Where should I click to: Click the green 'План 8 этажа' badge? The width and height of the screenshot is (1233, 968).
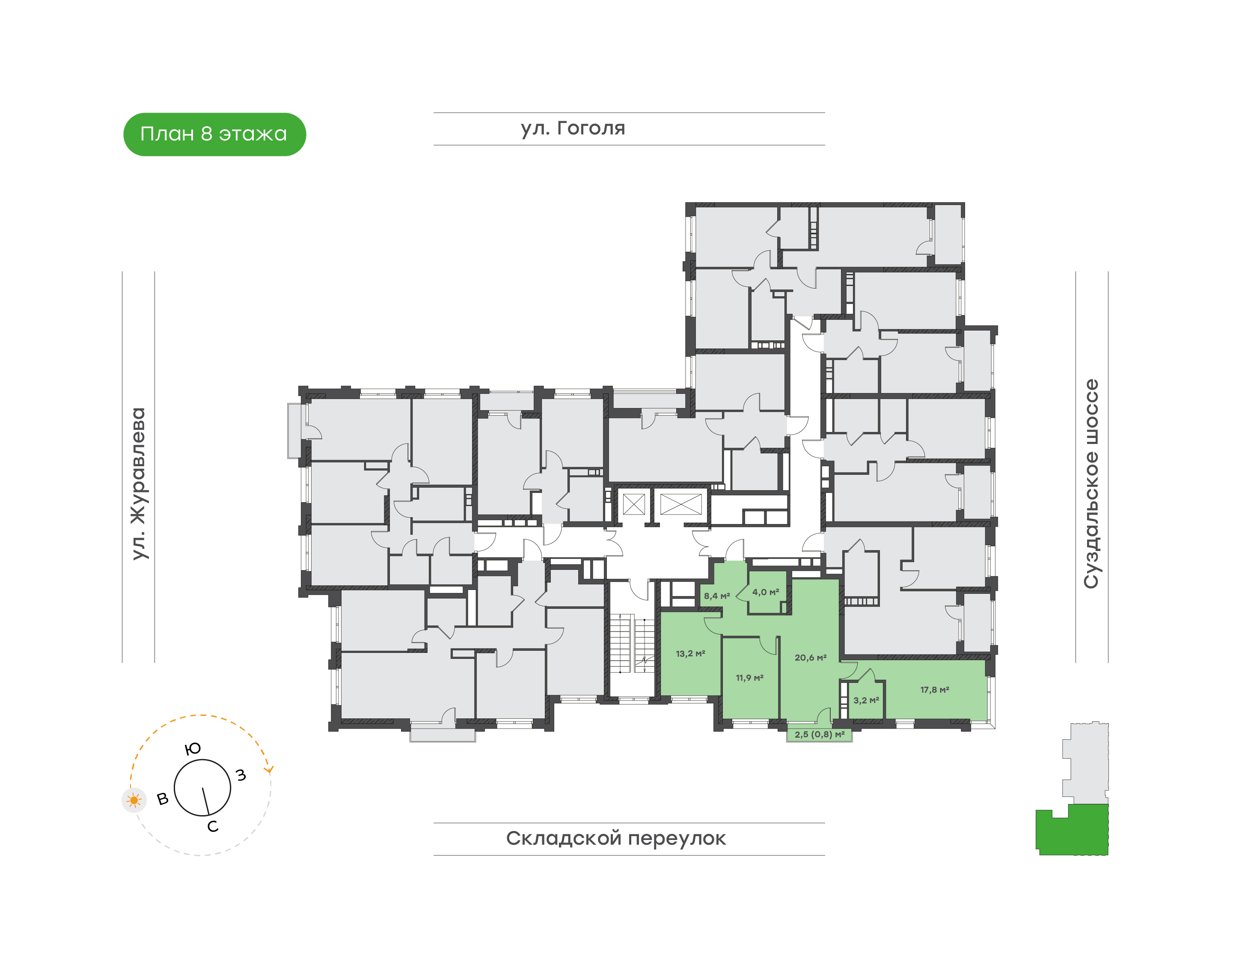(214, 134)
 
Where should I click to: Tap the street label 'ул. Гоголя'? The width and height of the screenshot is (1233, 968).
(573, 128)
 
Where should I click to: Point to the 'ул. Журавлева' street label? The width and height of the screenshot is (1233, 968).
(138, 483)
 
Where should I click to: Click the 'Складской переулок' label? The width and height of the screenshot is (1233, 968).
(616, 838)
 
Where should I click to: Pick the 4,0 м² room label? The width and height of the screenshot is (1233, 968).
(766, 592)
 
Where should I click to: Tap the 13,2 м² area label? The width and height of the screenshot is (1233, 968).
(690, 653)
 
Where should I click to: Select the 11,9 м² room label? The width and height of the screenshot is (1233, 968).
(750, 677)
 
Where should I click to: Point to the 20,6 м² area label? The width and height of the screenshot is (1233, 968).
(810, 658)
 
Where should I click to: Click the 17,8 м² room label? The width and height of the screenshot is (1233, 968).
(934, 690)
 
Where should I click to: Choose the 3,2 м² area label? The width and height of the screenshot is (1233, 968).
(866, 700)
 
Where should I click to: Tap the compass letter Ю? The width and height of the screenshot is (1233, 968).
(193, 749)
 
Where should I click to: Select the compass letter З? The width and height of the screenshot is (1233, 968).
(241, 775)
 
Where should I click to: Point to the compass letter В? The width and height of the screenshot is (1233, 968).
(163, 799)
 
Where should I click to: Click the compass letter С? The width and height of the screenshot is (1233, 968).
(213, 826)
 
